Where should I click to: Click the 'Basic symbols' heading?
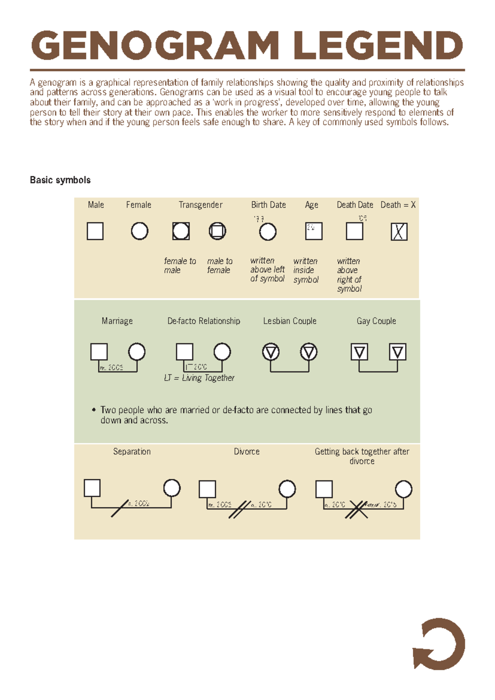[x=60, y=180]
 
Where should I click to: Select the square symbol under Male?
[x=95, y=231]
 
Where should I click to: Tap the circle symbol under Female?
[x=139, y=231]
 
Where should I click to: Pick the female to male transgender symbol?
[x=181, y=231]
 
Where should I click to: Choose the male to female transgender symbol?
[x=217, y=231]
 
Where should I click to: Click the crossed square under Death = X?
[x=399, y=232]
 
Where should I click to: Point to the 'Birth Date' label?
[x=269, y=205]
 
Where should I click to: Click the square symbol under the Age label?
[x=313, y=231]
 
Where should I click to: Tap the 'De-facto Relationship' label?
[x=204, y=321]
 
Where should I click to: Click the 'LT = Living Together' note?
[x=199, y=378]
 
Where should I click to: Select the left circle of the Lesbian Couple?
[x=271, y=352]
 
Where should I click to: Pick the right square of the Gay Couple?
[x=398, y=352]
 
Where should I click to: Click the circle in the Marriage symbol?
[x=137, y=352]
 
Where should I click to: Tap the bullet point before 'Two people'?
[x=94, y=410]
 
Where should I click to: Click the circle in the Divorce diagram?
[x=287, y=489]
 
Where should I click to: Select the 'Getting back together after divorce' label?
[x=362, y=456]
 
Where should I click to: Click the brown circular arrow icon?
[x=439, y=644]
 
